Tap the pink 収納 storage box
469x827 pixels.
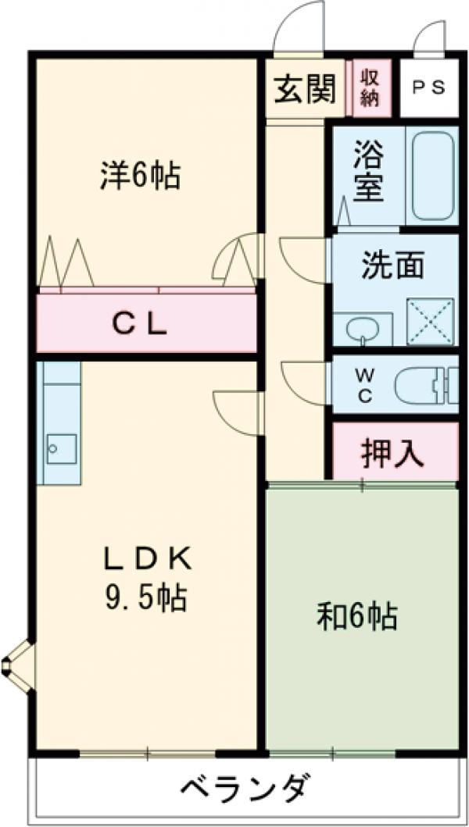pos(370,87)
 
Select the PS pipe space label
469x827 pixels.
pos(429,87)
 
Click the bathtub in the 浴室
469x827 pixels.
pos(433,176)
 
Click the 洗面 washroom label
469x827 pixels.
pos(392,266)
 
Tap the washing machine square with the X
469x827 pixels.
pos(431,321)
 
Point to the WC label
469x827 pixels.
pos(365,385)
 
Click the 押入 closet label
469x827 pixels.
pos(392,453)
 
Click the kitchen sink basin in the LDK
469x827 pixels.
pos(59,448)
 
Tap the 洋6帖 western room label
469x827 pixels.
pos(140,176)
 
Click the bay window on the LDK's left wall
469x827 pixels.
pos(17,666)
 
